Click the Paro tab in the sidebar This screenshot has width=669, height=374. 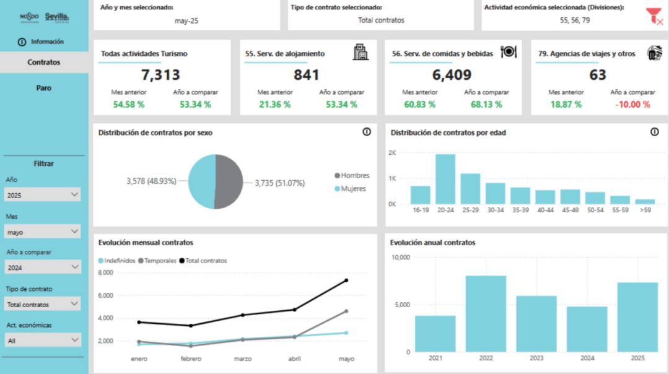pyautogui.click(x=44, y=88)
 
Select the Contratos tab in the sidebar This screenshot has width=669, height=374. pyautogui.click(x=44, y=63)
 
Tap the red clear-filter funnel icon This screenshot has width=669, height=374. pyautogui.click(x=654, y=16)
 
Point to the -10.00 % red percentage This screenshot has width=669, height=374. pyautogui.click(x=632, y=104)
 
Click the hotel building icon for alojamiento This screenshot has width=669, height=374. pyautogui.click(x=361, y=53)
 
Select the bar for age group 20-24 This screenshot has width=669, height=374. pyautogui.click(x=445, y=180)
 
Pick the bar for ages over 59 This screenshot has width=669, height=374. pyautogui.click(x=645, y=201)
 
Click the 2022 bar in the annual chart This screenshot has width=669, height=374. pyautogui.click(x=486, y=313)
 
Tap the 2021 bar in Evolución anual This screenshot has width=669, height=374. pyautogui.click(x=435, y=333)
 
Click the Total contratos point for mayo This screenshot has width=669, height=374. pyautogui.click(x=346, y=280)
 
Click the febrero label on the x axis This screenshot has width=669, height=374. pyautogui.click(x=190, y=359)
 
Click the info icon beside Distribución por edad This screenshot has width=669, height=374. pyautogui.click(x=655, y=132)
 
